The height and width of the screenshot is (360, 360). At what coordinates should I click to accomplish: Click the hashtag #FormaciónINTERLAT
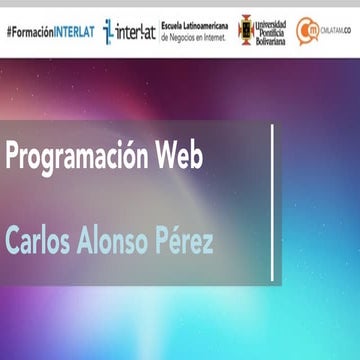tap(50, 31)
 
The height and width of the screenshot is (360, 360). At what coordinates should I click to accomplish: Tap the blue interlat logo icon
tap(108, 31)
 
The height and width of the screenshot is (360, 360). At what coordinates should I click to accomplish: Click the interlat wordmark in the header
tap(136, 31)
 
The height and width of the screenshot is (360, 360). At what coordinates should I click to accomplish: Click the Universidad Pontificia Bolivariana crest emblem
tap(245, 30)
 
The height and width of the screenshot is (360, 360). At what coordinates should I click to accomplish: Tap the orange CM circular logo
tap(307, 30)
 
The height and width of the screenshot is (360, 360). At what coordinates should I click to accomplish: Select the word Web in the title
tap(180, 156)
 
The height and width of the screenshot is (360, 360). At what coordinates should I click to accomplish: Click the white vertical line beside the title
tap(273, 200)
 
